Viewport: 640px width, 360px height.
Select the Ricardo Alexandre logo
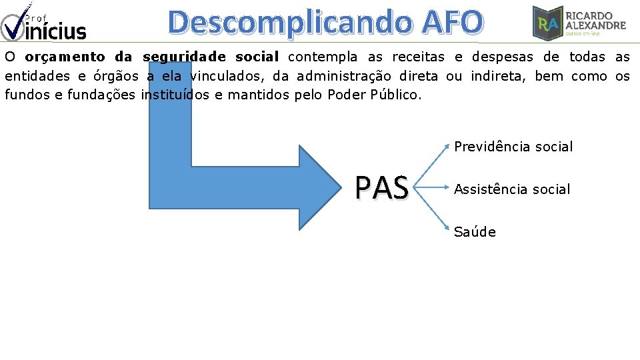pyautogui.click(x=579, y=22)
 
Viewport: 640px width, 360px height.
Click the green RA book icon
pyautogui.click(x=547, y=23)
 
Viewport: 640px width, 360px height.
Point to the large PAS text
pyautogui.click(x=381, y=189)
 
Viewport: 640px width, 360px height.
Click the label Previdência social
pyautogui.click(x=513, y=147)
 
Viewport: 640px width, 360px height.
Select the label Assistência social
pyautogui.click(x=512, y=189)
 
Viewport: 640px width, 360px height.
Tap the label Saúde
pyautogui.click(x=475, y=232)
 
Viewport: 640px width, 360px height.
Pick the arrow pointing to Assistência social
pyautogui.click(x=433, y=189)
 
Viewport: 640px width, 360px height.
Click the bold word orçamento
pyautogui.click(x=67, y=57)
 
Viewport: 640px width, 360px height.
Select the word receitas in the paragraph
pyautogui.click(x=418, y=57)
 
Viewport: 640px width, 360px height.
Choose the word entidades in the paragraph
pyautogui.click(x=34, y=76)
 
